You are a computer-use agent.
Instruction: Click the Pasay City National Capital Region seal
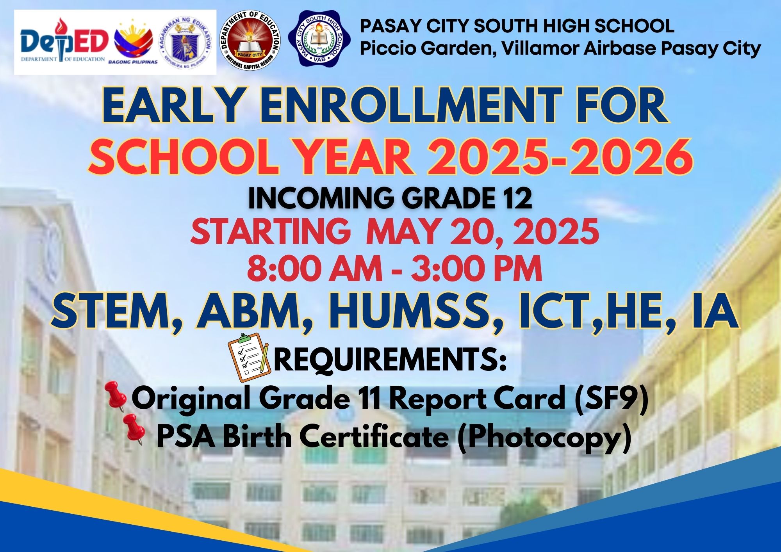point(250,41)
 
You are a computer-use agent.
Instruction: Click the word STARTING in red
point(270,231)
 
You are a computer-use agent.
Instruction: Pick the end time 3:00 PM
point(476,269)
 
